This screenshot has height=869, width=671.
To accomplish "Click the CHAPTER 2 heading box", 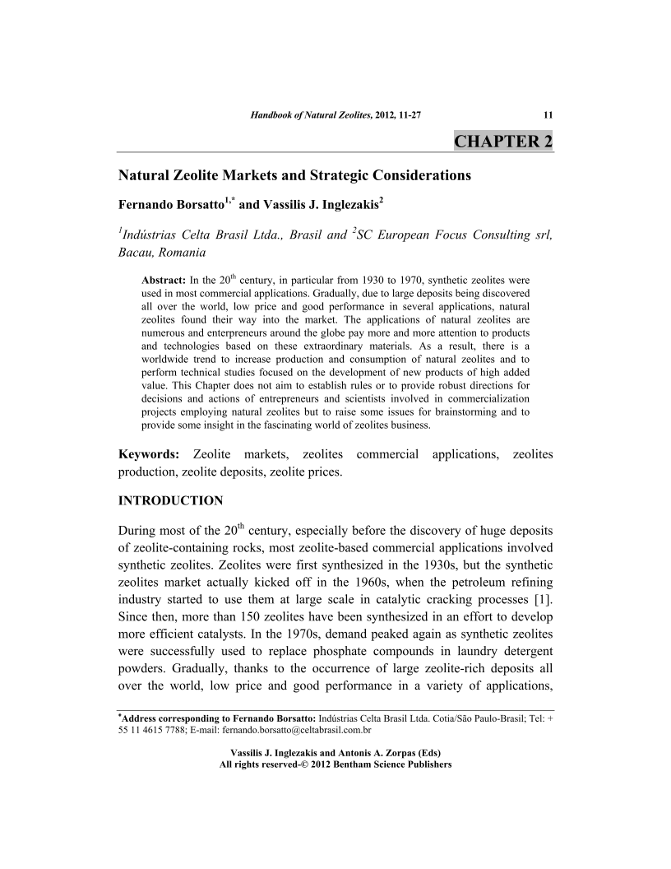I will coord(502,141).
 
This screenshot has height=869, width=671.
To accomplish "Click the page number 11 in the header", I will coord(548,114).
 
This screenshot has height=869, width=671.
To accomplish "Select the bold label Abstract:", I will coord(164,281).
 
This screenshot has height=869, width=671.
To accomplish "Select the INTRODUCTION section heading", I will coord(171,500).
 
